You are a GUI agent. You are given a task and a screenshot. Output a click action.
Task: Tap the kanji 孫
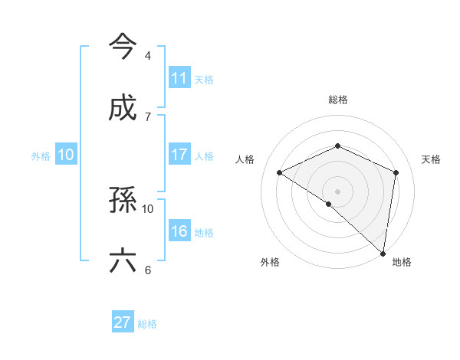(123, 200)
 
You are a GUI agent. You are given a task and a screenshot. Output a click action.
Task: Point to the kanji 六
(123, 261)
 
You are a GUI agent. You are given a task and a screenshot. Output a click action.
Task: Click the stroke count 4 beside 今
(147, 56)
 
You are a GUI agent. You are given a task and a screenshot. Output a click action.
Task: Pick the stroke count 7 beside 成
(147, 116)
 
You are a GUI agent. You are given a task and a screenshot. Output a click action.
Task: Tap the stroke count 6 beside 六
(147, 270)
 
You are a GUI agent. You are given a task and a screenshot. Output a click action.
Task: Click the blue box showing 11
(179, 77)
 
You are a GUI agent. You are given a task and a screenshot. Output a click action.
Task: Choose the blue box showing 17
(179, 155)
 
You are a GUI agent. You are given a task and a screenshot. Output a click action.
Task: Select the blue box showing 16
(179, 231)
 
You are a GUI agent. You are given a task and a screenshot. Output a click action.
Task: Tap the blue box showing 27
(123, 322)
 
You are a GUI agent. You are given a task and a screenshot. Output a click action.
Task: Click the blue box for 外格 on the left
(66, 155)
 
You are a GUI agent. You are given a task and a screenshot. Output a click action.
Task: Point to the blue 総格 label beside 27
(147, 324)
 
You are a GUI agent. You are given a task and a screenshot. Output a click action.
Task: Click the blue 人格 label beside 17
(204, 155)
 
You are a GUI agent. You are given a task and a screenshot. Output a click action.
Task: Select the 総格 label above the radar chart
(338, 100)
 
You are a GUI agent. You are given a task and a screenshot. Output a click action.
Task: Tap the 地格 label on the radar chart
(402, 263)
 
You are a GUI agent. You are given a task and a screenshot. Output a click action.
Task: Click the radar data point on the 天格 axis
(396, 172)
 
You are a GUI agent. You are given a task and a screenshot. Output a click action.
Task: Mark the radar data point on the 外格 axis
(328, 205)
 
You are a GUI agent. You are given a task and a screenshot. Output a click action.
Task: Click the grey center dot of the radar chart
(338, 191)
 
